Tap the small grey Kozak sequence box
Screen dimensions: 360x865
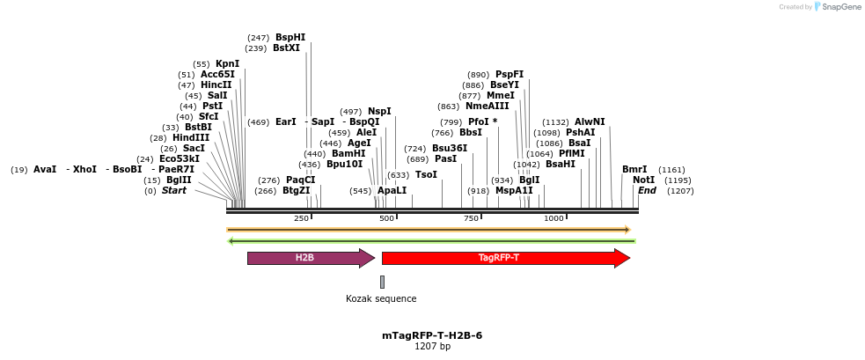[x=382, y=282]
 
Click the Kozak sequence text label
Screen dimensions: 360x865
[x=381, y=299]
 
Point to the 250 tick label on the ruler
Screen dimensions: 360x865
[x=301, y=219]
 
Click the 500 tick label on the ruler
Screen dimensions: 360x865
[x=386, y=219]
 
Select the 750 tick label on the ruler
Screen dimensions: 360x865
[x=471, y=219]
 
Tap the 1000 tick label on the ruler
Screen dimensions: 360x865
[x=553, y=219]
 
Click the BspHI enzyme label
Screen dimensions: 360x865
[x=290, y=38]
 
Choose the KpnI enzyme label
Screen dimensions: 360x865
[x=227, y=64]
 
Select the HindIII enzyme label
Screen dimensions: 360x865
[x=191, y=138]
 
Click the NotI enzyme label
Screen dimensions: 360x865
[x=643, y=180]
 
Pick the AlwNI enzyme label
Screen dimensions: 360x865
[x=590, y=122]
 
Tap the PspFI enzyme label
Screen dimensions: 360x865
[x=509, y=75]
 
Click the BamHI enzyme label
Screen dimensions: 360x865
[x=348, y=154]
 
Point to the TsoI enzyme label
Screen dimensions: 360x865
[x=426, y=175]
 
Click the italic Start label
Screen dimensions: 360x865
[x=173, y=191]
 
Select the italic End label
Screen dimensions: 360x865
[x=647, y=191]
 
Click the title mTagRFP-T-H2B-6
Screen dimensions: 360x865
[x=432, y=335]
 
